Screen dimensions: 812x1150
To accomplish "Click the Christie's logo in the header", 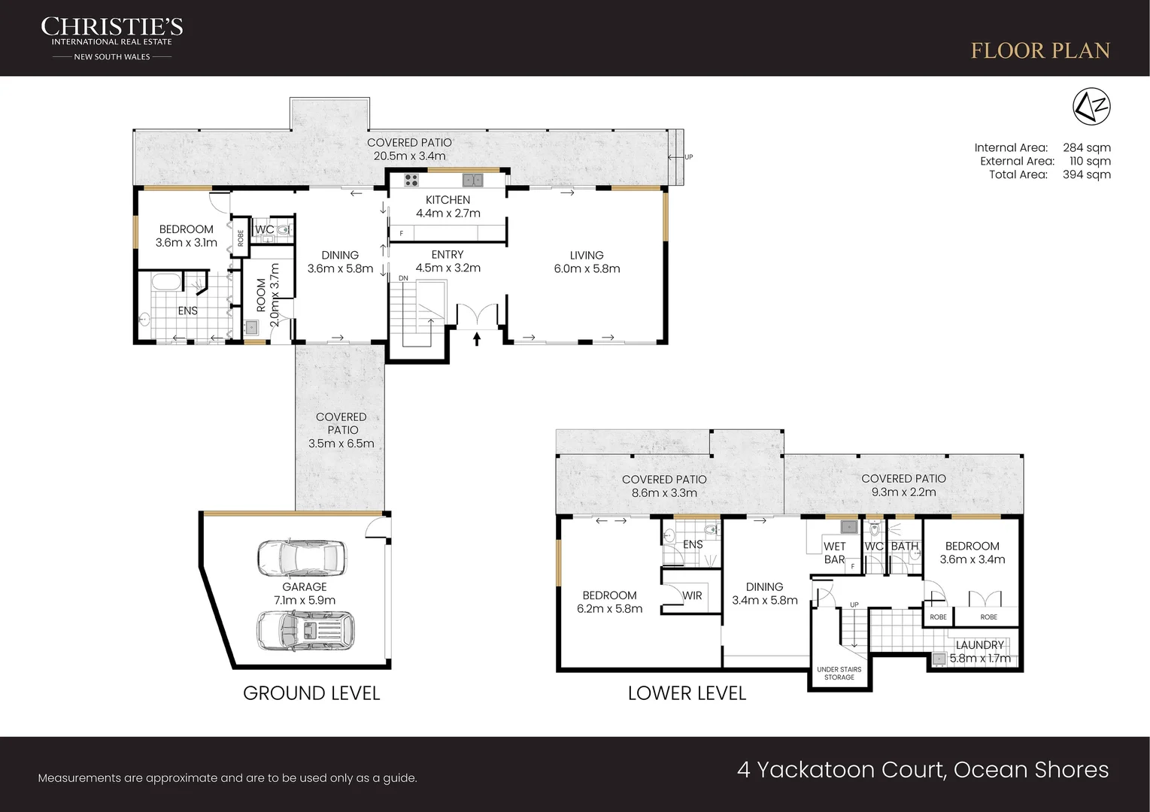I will pyautogui.click(x=111, y=38).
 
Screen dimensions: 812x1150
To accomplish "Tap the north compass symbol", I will pyautogui.click(x=1091, y=106).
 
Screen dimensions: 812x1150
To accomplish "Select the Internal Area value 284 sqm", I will pyautogui.click(x=1086, y=148).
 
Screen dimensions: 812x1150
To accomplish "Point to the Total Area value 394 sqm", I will pyautogui.click(x=1086, y=175).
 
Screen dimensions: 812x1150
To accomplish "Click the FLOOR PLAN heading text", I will pyautogui.click(x=1040, y=50).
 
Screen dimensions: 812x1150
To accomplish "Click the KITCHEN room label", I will pyautogui.click(x=448, y=200).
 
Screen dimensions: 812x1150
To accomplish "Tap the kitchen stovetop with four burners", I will pyautogui.click(x=411, y=180).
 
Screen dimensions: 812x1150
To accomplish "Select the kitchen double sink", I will pyautogui.click(x=472, y=180).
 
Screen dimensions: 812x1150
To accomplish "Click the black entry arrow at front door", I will pyautogui.click(x=477, y=339).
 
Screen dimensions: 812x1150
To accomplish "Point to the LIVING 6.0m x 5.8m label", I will pyautogui.click(x=587, y=262).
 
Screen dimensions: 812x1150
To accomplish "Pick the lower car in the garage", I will pyautogui.click(x=305, y=630).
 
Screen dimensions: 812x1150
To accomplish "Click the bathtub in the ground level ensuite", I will pyautogui.click(x=165, y=283).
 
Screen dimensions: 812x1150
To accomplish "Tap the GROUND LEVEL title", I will pyautogui.click(x=311, y=693).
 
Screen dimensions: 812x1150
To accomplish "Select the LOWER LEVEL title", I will pyautogui.click(x=687, y=693).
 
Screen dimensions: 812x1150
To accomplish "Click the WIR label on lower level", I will pyautogui.click(x=692, y=595).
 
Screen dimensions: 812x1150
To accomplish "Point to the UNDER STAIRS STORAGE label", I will pyautogui.click(x=839, y=673).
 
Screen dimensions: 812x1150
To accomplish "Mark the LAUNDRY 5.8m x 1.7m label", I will pyautogui.click(x=979, y=651).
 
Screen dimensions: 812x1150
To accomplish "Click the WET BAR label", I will pyautogui.click(x=834, y=553).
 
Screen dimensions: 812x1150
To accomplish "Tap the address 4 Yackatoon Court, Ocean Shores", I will pyautogui.click(x=922, y=770).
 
